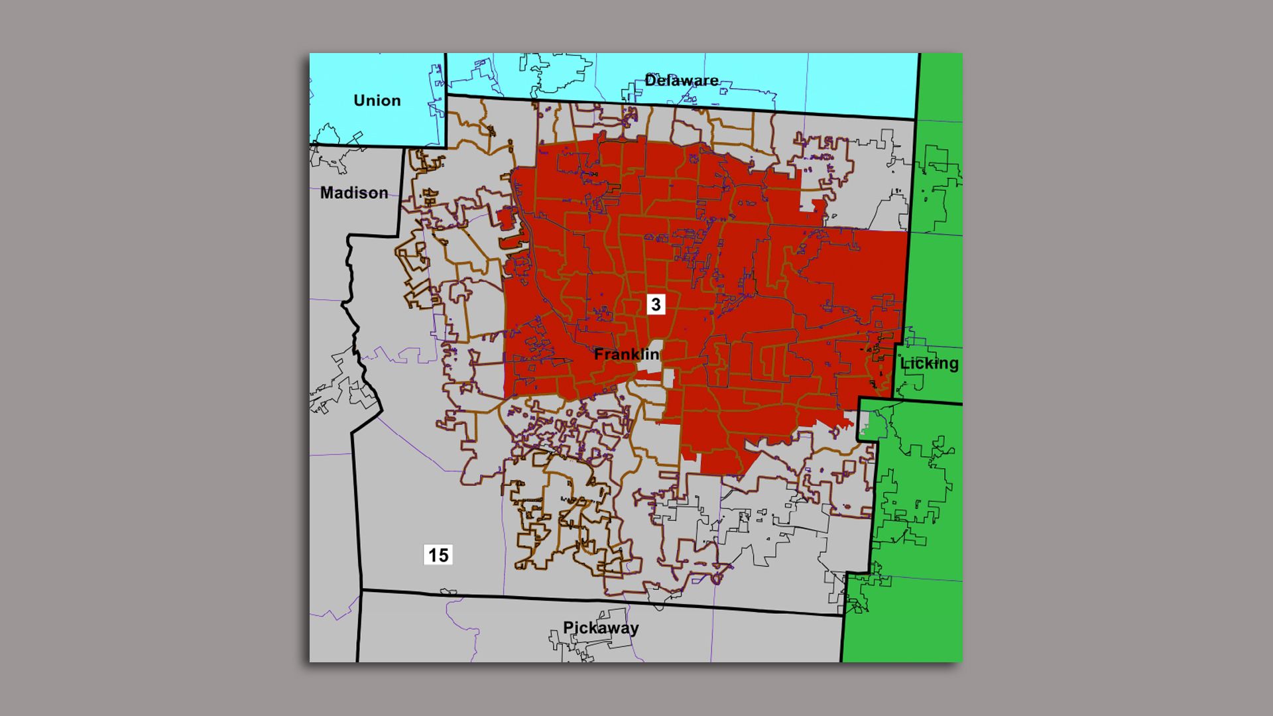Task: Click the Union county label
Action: (377, 101)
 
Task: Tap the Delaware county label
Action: (681, 81)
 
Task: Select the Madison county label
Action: (354, 193)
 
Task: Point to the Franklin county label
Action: (627, 355)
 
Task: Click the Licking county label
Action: (929, 363)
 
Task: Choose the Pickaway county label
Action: (601, 628)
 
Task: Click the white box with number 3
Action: (656, 304)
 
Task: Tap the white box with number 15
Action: (438, 555)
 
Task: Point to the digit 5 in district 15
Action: (443, 555)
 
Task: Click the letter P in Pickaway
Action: (568, 628)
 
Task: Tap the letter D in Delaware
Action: (650, 81)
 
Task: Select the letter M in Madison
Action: (327, 193)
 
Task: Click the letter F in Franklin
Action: (599, 355)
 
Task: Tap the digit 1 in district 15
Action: (432, 555)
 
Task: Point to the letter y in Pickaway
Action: (634, 630)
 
